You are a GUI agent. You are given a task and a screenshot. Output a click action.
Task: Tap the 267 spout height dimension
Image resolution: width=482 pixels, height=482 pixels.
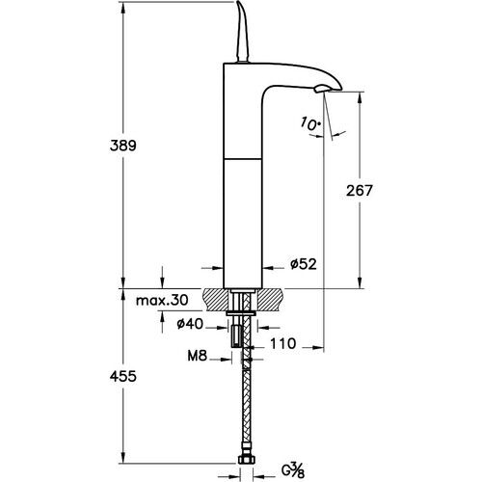tap(359, 190)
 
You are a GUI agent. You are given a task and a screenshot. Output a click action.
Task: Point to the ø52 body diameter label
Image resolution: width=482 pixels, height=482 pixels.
tap(306, 262)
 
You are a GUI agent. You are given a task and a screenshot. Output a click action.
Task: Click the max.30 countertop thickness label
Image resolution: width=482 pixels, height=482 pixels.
tap(162, 301)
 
